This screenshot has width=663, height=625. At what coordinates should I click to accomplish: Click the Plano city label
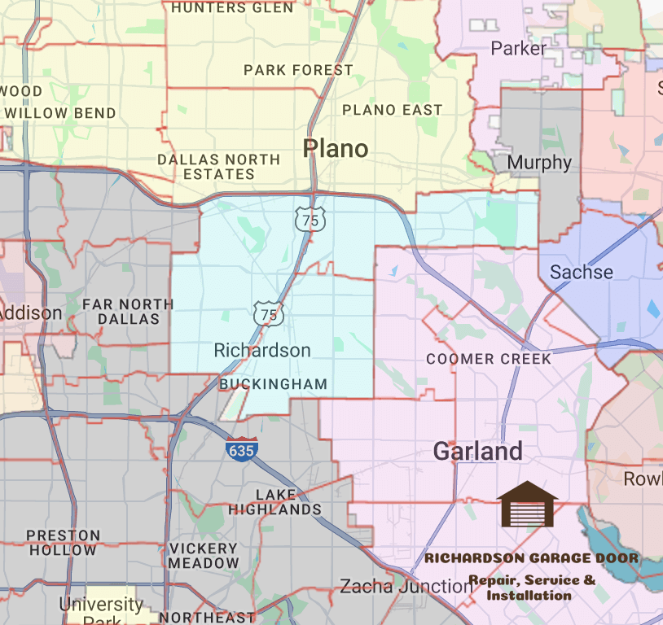point(336,148)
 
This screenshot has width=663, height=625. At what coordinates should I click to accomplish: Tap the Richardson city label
point(261,351)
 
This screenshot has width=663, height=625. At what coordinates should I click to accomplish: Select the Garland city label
point(477,451)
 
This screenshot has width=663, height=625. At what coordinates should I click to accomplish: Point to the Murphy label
point(539,162)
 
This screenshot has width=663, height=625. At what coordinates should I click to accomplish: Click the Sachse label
point(582,272)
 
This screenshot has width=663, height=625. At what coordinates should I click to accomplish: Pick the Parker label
point(519,49)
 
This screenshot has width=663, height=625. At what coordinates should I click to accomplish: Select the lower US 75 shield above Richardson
point(268,313)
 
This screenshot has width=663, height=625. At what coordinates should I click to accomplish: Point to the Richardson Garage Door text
point(532,558)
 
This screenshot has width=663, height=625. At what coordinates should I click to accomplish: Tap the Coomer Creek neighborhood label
point(489,359)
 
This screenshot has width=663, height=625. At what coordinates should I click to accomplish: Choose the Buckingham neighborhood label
point(274,384)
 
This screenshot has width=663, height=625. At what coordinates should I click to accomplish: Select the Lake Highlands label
point(275,502)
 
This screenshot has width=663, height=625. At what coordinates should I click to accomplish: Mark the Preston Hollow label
point(64,543)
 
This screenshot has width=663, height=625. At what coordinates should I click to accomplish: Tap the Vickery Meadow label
point(204,556)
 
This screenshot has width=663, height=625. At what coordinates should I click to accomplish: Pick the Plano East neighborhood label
point(393,110)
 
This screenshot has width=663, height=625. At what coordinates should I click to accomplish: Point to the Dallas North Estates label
point(218,167)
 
